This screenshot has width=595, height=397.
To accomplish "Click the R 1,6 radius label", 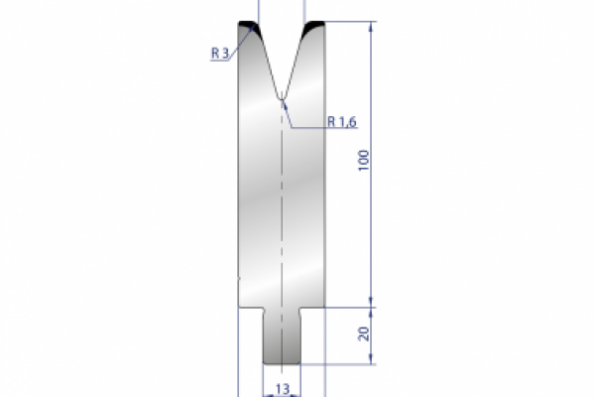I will click(341, 121).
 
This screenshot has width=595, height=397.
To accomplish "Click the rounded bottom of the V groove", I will click(283, 97).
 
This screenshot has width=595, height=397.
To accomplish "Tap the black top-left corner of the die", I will click(248, 28).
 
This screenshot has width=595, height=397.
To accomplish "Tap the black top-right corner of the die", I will click(316, 28).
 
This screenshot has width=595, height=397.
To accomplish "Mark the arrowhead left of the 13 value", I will click(266, 392).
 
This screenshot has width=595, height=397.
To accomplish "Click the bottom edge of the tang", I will click(282, 363).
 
